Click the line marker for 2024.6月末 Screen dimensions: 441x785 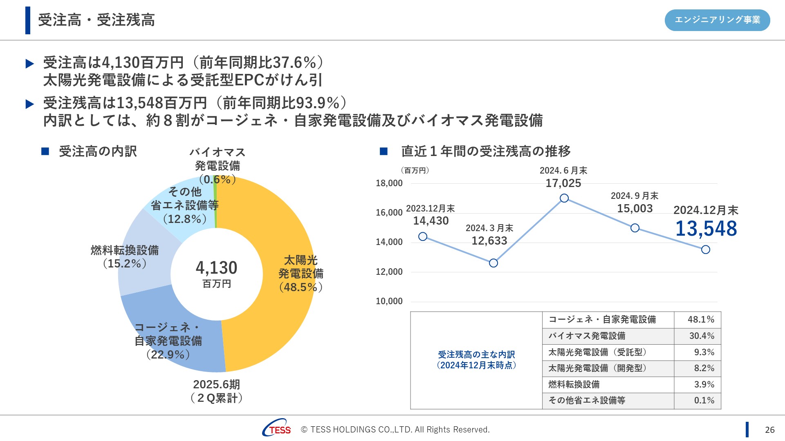coord(564,198)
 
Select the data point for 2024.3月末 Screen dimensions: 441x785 coord(493,263)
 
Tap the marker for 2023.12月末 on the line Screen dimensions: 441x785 coord(423,236)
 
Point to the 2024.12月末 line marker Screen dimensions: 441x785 coord(706,249)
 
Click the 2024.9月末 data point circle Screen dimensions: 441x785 coord(635,228)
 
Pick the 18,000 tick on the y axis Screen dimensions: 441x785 coord(389,183)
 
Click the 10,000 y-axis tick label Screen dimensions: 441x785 coord(389,301)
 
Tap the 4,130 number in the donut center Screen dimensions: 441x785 coord(216,268)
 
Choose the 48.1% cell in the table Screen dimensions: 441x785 coord(701,320)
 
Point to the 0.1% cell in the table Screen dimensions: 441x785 coord(704,401)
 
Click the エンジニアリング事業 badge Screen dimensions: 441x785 coord(717,20)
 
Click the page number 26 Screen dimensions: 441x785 coord(769,430)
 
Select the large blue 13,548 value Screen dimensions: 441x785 coord(706,229)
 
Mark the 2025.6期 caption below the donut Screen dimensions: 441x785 coord(216,385)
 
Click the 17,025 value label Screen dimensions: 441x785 coord(563,183)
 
